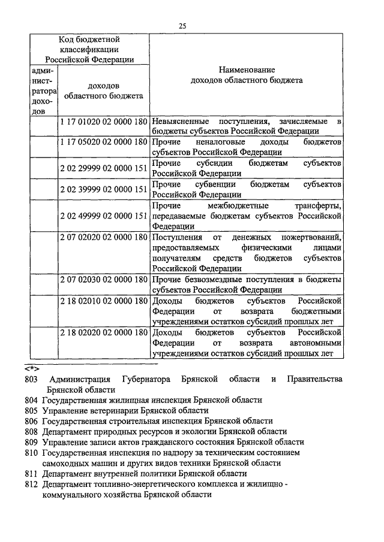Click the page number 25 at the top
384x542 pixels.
coord(182,25)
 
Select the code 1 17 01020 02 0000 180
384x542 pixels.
coord(104,122)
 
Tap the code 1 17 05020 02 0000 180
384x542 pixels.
coord(104,143)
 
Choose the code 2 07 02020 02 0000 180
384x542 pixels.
coord(104,238)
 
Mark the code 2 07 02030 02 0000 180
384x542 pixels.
coord(104,279)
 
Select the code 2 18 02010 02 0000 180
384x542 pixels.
coord(104,300)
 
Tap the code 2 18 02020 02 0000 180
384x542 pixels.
coord(104,332)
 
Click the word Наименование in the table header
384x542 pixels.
coord(246,69)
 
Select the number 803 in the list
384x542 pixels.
coord(32,379)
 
